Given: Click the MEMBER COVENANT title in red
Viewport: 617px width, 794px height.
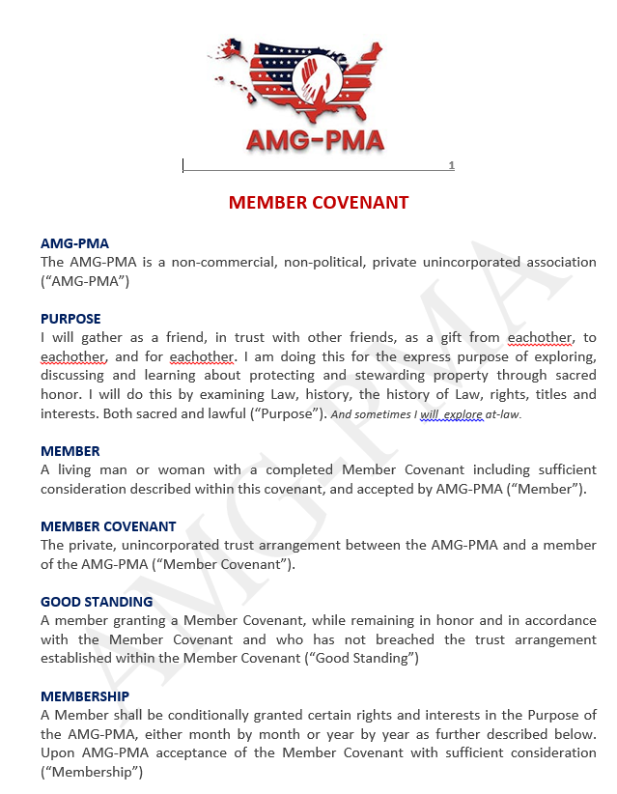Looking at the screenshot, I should coord(319,203).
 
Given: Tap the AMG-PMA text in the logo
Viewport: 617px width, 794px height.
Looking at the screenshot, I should coord(315,140).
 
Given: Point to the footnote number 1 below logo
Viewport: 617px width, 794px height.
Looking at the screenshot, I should coord(451,166).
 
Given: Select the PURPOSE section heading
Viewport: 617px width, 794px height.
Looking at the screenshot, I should coord(70,319).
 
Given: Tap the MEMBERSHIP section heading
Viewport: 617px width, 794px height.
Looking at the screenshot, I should coord(85,696).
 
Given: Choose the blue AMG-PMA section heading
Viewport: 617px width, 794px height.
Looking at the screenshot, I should coord(74,243).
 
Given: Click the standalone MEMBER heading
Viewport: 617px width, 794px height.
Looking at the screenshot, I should coord(70,451).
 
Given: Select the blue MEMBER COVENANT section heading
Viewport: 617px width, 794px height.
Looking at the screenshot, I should coord(108,526).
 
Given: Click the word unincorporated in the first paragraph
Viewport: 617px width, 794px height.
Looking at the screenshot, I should coord(479,262).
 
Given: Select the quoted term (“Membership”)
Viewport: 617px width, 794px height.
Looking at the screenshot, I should coord(92,772).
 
